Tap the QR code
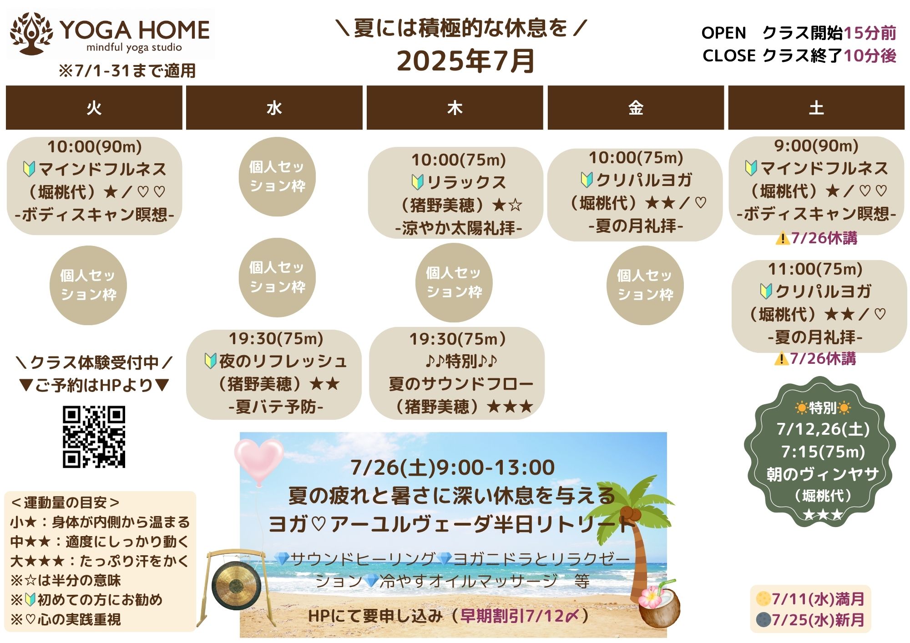94,437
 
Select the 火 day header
94,108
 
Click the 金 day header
636,108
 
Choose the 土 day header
816,108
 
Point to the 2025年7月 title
465,61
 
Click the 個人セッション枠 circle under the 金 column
645,285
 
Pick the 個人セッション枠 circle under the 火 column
88,285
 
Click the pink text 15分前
870,33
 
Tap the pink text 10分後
870,55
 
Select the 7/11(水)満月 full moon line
810,599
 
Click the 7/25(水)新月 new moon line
810,620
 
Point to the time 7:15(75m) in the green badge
823,452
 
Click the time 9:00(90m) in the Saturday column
816,146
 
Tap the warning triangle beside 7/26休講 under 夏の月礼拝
781,359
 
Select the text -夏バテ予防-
276,406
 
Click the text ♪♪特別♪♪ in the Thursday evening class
461,361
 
